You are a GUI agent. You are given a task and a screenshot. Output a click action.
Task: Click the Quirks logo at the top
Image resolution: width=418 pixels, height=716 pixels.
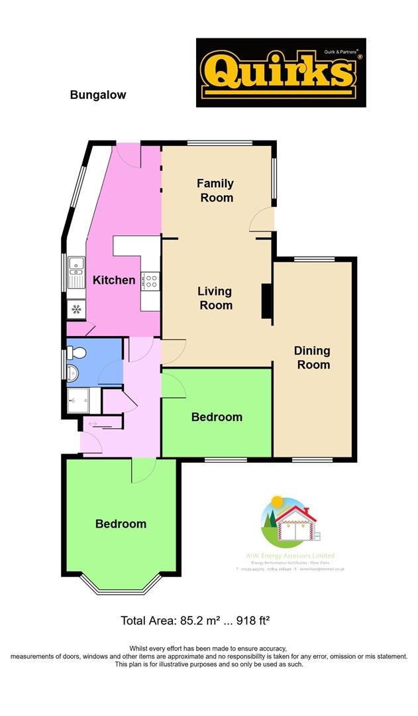coord(281,72)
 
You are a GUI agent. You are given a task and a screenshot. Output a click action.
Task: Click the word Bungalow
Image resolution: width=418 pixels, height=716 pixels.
coord(98,95)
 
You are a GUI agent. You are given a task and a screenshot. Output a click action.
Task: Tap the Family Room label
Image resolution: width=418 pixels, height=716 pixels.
coord(215,190)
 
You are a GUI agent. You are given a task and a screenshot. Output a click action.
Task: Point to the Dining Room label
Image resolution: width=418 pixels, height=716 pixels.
coord(313,357)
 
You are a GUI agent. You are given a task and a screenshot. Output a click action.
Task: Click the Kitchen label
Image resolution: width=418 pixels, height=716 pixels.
coord(113,280)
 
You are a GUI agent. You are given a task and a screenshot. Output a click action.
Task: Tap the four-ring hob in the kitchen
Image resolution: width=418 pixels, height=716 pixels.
coord(151,281)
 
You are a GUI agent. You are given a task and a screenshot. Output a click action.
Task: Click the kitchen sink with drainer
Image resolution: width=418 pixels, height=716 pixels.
coord(76,272)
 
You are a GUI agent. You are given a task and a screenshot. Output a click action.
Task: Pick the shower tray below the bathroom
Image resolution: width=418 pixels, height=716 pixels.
coord(83,401)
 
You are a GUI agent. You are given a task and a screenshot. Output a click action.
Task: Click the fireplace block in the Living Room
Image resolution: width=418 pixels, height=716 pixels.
coord(266,302)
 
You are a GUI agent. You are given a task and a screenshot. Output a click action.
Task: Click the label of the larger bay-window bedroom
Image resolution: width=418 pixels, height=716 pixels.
coord(121,524)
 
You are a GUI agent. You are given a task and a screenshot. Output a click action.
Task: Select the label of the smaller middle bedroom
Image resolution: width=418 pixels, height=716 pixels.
coord(217,417)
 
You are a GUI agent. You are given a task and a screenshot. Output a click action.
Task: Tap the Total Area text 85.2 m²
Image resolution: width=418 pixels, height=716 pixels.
coord(195,621)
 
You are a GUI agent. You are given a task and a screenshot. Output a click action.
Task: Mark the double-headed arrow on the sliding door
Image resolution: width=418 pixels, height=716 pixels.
coord(92,424)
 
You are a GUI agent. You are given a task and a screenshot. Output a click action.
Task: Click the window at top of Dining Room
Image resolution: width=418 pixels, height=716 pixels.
coord(314,259)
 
